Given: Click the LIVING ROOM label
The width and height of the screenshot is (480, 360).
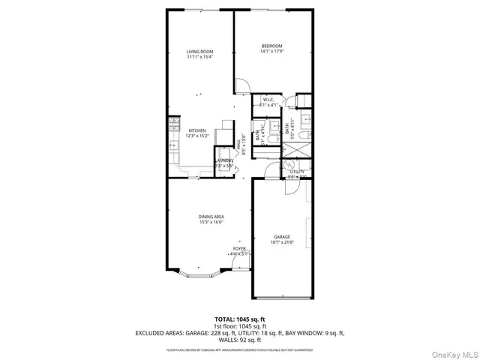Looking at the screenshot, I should pos(199,52).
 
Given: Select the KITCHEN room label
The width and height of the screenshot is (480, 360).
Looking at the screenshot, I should pos(196,130).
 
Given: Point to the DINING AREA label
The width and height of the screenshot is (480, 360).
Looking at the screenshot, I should pos(212,217).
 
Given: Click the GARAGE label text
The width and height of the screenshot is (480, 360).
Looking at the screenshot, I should pos(282,236).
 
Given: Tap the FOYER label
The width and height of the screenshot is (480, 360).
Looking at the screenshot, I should pos(239,248).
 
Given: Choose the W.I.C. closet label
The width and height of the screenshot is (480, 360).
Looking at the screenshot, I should pos(268,99).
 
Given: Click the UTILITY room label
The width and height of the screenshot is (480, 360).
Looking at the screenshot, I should pos(296,172).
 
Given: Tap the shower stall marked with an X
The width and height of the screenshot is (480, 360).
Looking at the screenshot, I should pos(292,149).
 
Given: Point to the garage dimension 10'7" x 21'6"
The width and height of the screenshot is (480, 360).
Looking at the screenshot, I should pos(282,242).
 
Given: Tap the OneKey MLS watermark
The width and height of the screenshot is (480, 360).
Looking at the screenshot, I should pos(453,351).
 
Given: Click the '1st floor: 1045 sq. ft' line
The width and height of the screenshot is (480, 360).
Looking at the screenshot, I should pos(239,325).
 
